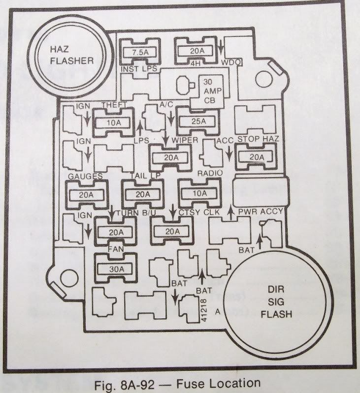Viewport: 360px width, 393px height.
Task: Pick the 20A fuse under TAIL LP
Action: (141, 194)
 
